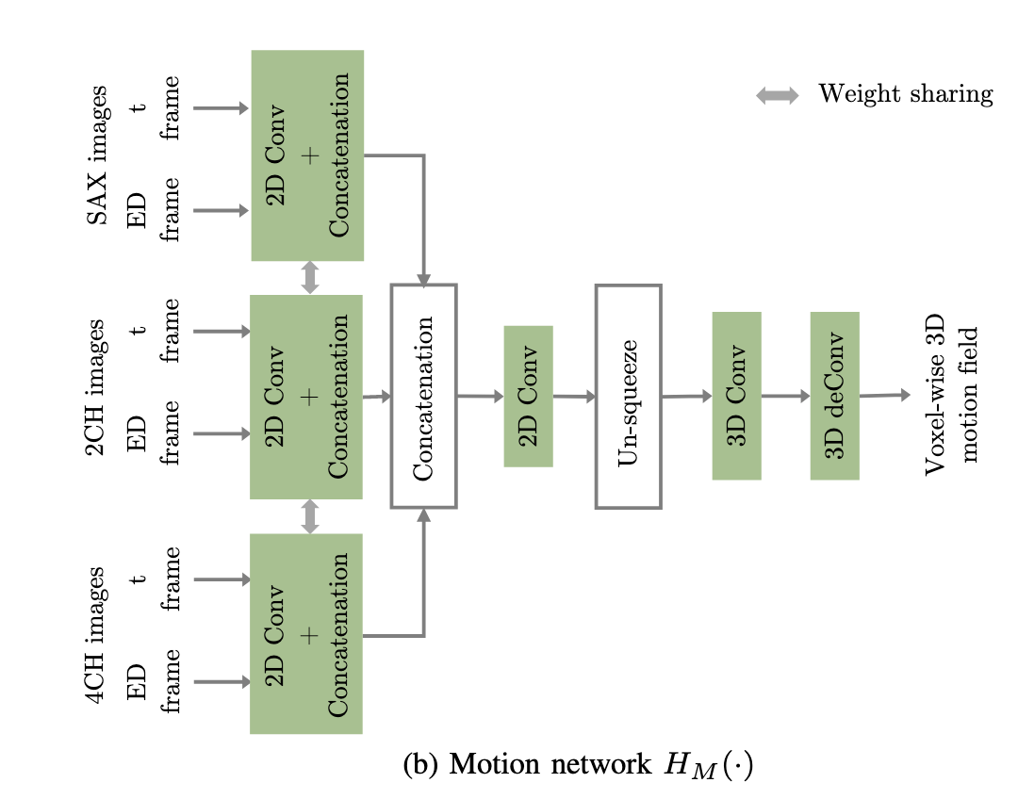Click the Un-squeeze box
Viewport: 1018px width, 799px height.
[x=628, y=397]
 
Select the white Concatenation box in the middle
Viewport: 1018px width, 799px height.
[x=423, y=396]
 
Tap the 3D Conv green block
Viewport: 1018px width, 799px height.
[x=736, y=396]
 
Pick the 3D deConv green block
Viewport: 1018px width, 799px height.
[x=834, y=396]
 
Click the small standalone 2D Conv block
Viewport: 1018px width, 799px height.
[x=529, y=396]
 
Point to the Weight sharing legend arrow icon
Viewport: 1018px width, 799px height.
[x=778, y=94]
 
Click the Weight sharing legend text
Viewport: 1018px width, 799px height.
[x=905, y=94]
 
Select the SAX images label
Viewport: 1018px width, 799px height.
[x=97, y=155]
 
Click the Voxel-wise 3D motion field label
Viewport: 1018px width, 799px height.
[x=952, y=396]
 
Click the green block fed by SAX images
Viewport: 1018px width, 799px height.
[x=307, y=155]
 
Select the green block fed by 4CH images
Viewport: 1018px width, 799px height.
[x=306, y=633]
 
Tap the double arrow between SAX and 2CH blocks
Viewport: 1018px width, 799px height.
[x=309, y=277]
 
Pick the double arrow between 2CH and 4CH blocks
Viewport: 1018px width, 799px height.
[x=309, y=516]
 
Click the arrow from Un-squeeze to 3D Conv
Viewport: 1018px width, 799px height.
[x=686, y=397]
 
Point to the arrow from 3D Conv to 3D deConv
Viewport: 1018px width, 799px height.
[x=785, y=397]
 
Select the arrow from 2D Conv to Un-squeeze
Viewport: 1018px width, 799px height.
[x=574, y=397]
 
